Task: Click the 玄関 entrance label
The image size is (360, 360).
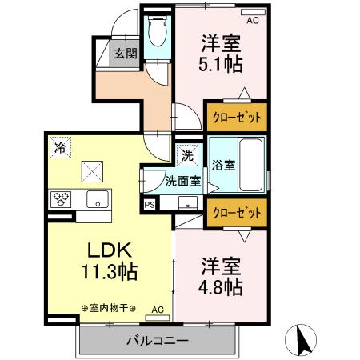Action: tap(124, 54)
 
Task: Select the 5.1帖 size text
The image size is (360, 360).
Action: tap(221, 62)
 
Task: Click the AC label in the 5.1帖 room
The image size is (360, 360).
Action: tap(253, 22)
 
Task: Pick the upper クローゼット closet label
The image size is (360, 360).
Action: tap(237, 117)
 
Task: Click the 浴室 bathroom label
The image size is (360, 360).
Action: tap(223, 166)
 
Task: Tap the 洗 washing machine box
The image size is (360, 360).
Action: tap(186, 154)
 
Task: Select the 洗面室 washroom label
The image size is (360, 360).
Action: tap(182, 182)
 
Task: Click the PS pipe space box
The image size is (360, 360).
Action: tap(150, 205)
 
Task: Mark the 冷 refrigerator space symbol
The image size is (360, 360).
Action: tap(59, 146)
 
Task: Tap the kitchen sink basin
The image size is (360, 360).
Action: tap(96, 200)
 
